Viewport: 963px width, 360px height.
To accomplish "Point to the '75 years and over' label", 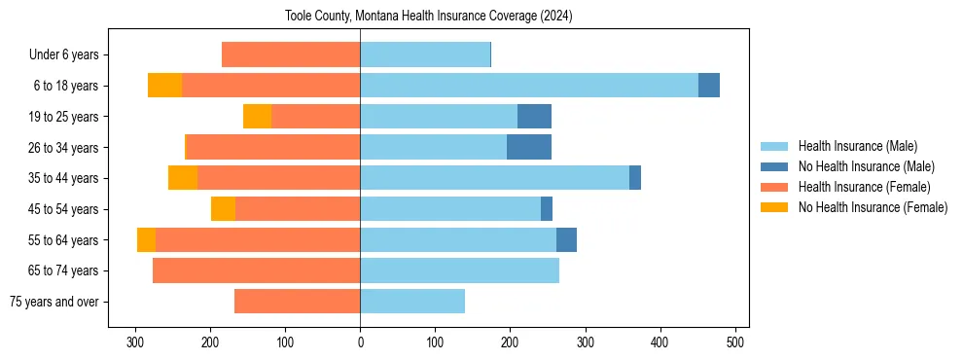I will [54, 302].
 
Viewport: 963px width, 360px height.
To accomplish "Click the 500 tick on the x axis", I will [735, 342].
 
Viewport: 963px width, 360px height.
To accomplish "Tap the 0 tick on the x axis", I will [360, 342].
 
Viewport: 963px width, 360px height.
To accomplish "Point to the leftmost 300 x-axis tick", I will [135, 342].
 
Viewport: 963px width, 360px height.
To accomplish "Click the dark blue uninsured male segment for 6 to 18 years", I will [709, 86].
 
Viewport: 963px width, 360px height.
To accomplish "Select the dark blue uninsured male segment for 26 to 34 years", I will [529, 147].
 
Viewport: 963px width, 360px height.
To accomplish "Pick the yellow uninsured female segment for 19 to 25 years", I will [257, 117].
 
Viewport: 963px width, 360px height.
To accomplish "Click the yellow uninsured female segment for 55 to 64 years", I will [146, 239].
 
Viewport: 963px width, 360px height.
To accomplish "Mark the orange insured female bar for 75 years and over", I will [297, 302].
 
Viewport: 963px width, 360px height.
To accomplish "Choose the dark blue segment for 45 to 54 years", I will [547, 209].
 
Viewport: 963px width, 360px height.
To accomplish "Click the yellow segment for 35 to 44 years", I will [183, 178].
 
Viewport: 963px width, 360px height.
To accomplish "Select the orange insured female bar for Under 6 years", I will [291, 55].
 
